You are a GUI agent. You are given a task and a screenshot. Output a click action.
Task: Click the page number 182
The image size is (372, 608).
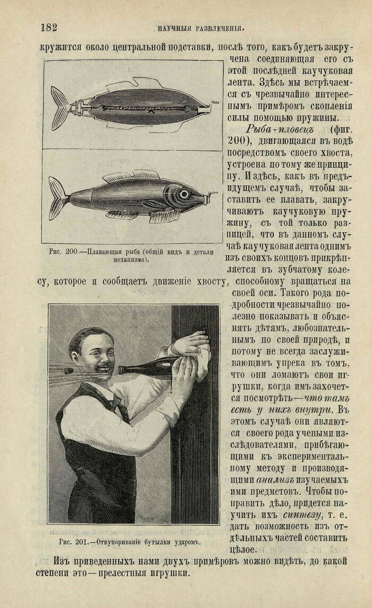click(x=48, y=28)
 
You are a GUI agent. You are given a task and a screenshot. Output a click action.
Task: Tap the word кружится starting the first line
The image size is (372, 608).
click(x=61, y=47)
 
